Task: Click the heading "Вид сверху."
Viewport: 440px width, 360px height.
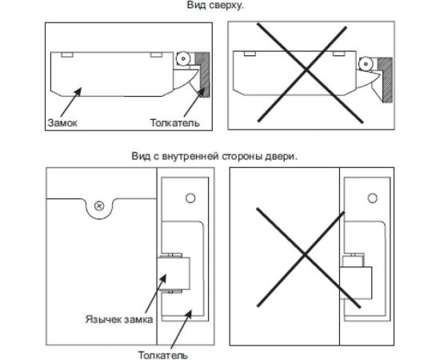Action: (215, 6)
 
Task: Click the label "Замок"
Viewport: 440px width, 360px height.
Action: (62, 122)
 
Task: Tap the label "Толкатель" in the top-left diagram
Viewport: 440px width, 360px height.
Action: (175, 122)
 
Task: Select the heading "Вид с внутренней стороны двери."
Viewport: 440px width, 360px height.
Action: (214, 156)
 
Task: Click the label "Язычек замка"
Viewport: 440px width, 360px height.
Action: (119, 319)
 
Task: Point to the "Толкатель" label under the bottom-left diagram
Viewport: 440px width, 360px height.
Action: (162, 355)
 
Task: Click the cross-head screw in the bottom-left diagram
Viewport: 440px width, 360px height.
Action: (99, 206)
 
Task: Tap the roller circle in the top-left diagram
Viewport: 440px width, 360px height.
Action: (183, 59)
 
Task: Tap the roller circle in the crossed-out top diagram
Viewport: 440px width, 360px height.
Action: (366, 64)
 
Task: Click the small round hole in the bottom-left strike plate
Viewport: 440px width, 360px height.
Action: (190, 198)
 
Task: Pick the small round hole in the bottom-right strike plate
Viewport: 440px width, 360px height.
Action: (373, 198)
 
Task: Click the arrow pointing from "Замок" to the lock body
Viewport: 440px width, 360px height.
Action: (70, 103)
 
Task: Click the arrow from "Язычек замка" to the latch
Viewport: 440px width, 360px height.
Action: (156, 294)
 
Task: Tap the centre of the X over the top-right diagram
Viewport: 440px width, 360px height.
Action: (306, 71)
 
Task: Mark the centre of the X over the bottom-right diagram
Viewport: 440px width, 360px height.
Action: (305, 255)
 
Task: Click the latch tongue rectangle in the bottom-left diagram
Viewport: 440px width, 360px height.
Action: (174, 274)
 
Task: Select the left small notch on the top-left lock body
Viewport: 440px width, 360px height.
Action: (67, 54)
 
